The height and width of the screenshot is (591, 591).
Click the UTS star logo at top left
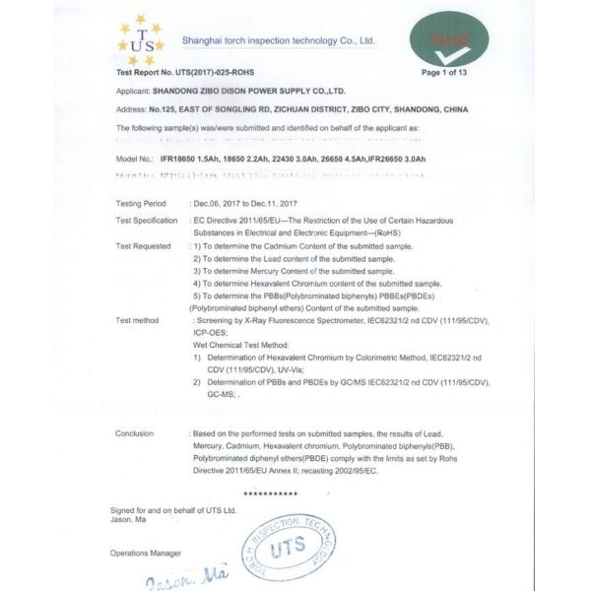(x=141, y=39)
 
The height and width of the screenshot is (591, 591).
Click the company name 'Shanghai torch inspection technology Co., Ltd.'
(x=279, y=40)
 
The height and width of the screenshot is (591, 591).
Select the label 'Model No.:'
(x=135, y=159)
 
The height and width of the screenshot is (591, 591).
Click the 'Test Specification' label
(x=147, y=220)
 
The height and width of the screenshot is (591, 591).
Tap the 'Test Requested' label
(x=143, y=245)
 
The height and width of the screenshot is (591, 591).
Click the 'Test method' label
(x=137, y=320)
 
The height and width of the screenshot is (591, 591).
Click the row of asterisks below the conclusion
(x=270, y=492)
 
